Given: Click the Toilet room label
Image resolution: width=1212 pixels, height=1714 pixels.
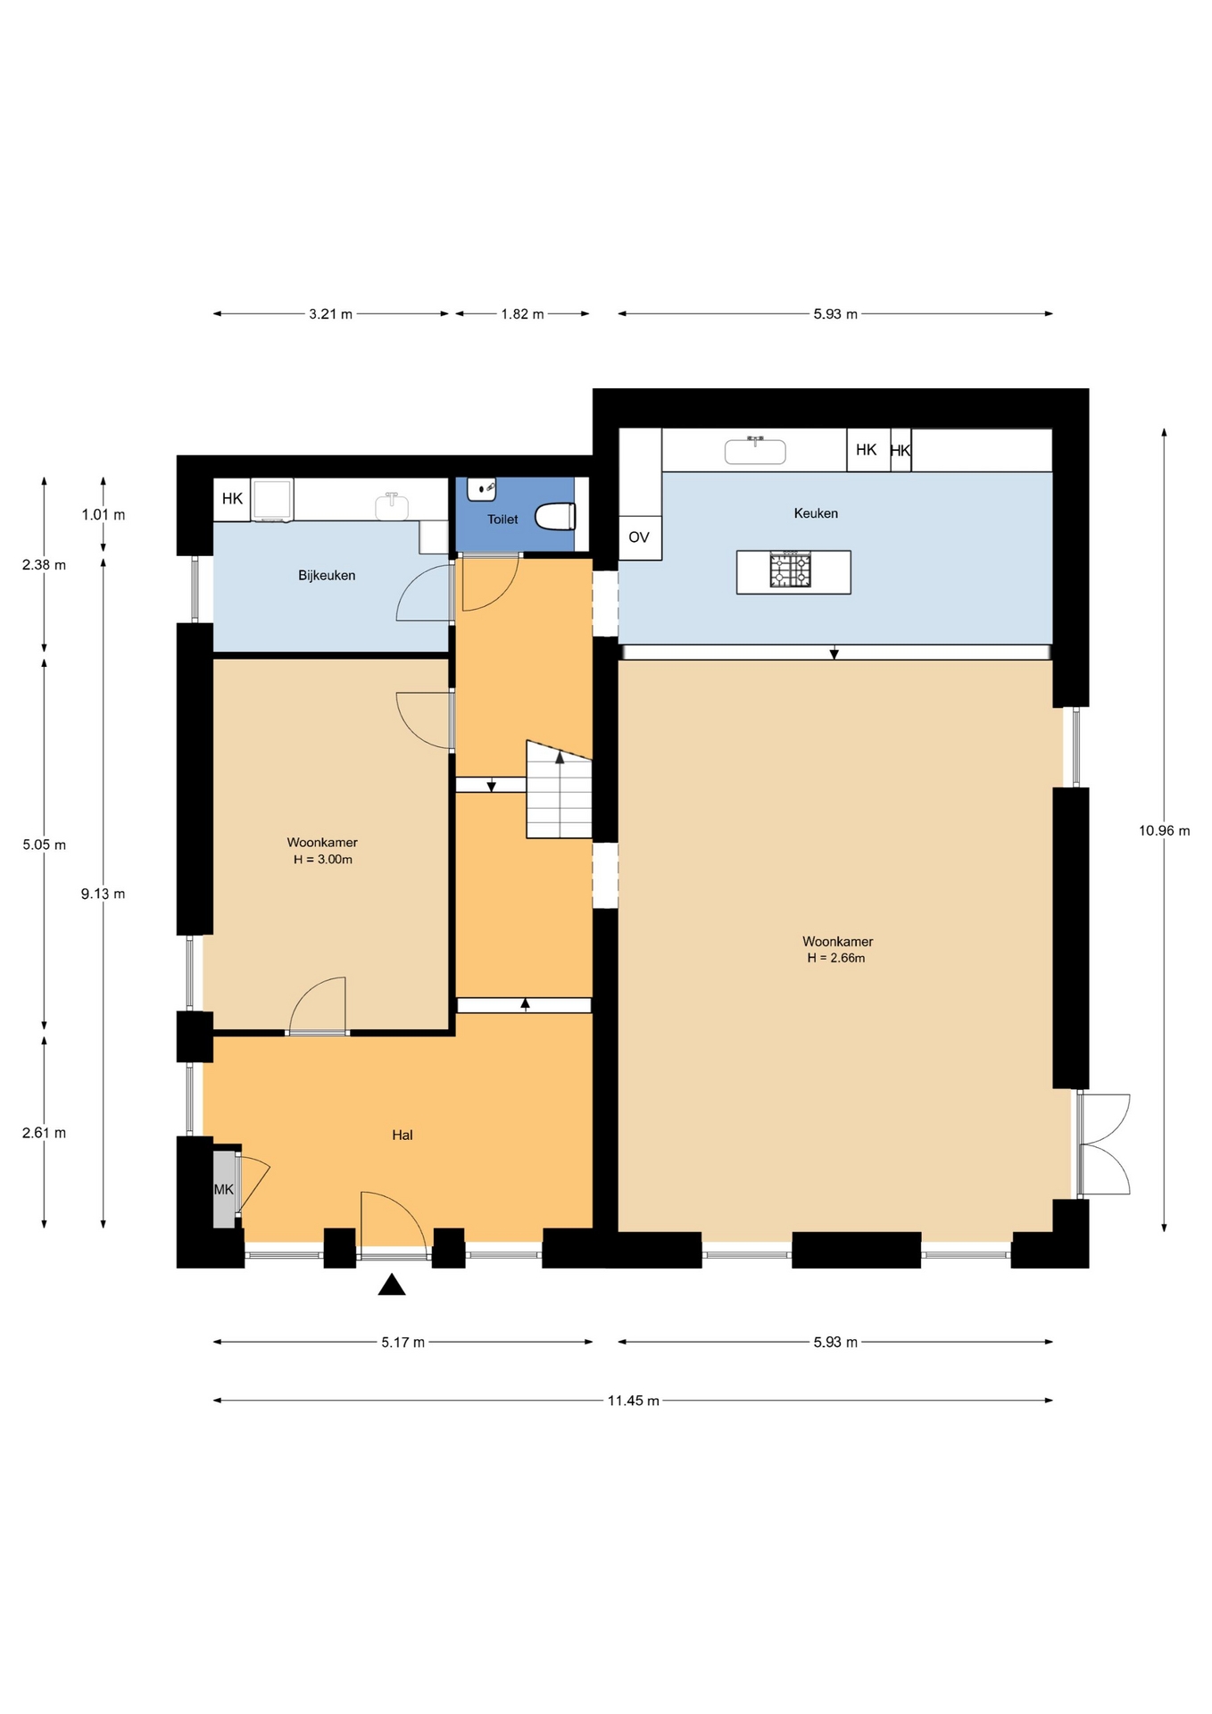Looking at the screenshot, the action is coord(502,520).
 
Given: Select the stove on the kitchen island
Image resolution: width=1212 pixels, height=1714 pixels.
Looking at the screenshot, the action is coord(791,570).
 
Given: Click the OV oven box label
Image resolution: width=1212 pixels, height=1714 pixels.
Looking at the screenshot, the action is coord(639,537).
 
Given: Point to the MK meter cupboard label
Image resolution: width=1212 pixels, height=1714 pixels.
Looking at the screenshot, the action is coord(223,1189).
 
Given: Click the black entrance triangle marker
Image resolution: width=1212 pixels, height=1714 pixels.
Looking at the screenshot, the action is coord(392,1285).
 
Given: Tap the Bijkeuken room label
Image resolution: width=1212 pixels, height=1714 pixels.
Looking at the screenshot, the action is coord(327,576).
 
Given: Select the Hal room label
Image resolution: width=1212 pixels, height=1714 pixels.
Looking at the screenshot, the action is coord(403,1136).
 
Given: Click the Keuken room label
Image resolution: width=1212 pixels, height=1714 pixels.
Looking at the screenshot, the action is coord(816,513).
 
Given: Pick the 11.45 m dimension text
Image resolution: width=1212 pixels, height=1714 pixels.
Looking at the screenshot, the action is coord(634,1401).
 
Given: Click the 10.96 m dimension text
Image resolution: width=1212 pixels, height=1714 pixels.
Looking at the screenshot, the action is coord(1164,831).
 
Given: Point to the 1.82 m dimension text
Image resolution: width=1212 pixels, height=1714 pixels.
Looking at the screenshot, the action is coord(522,314).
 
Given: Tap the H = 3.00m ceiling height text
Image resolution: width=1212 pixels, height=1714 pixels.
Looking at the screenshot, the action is coord(323,860).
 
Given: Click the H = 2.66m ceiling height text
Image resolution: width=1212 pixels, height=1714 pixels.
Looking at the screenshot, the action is coord(836,958).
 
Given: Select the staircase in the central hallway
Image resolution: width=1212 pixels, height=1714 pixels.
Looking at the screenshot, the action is coord(560,789).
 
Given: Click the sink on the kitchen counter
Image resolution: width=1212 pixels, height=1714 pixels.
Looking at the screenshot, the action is coord(755,451).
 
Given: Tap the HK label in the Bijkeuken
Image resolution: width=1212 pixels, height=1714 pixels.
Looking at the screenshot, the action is coord(232,499).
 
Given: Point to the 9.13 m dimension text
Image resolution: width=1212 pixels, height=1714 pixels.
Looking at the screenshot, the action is coord(103,894).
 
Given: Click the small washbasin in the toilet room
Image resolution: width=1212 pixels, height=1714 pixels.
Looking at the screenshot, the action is coord(482,489).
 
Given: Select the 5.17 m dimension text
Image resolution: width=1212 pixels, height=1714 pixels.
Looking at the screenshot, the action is coord(403,1343).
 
